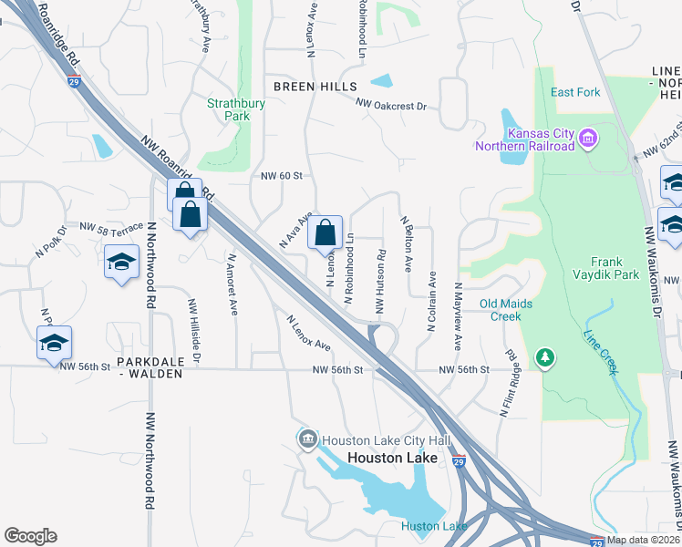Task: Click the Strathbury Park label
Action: click(x=227, y=109)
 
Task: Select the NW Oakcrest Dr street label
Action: click(x=391, y=106)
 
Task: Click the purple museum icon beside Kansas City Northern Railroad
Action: click(x=588, y=139)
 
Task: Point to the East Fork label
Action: click(x=573, y=92)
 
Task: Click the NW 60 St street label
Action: click(x=280, y=176)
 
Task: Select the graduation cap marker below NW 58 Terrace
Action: click(x=120, y=263)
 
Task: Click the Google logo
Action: click(x=30, y=536)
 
